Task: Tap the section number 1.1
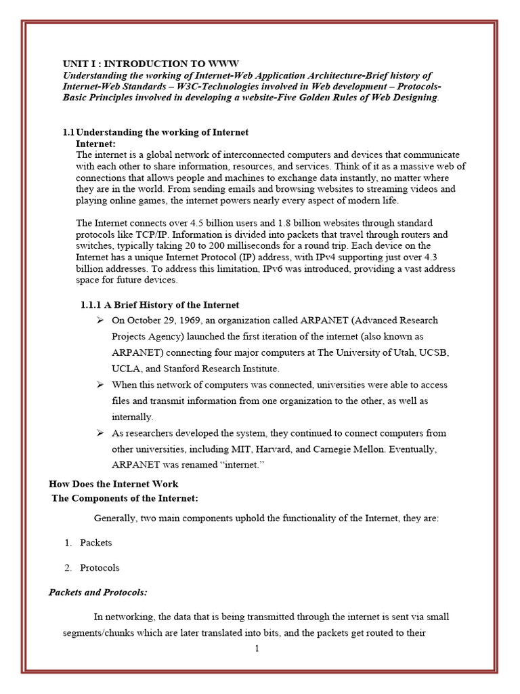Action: coord(68,132)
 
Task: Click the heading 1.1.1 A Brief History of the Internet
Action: coord(160,305)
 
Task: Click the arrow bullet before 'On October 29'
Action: coord(100,320)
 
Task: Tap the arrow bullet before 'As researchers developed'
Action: coord(100,432)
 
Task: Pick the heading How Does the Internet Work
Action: coord(114,484)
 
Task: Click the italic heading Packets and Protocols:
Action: coord(98,592)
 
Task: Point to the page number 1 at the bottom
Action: coord(257,649)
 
